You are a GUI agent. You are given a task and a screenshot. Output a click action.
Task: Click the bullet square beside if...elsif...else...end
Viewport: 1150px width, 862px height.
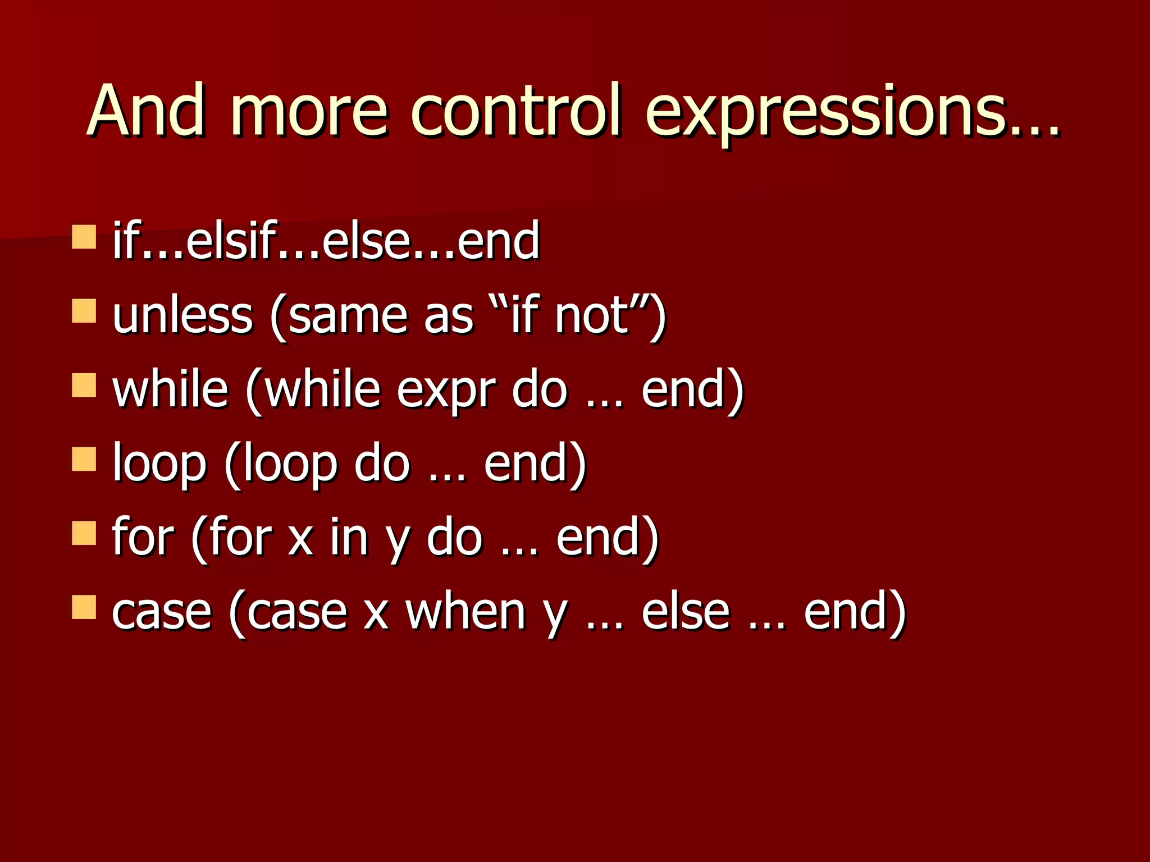(x=84, y=237)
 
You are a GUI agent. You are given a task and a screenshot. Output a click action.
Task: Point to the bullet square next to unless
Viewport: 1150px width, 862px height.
(x=84, y=311)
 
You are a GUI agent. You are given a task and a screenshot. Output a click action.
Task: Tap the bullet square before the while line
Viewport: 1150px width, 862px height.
(x=84, y=385)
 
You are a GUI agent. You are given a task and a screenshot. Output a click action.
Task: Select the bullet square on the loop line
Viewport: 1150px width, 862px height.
(x=84, y=459)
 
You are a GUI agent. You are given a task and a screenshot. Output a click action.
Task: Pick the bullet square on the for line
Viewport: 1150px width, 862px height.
(x=84, y=533)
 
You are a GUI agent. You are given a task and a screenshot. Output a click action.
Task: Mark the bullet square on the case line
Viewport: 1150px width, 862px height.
(x=84, y=607)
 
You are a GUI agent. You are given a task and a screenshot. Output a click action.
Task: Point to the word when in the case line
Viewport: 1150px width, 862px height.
(x=466, y=612)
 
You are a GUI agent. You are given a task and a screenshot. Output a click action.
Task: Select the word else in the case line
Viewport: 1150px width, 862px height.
(x=685, y=612)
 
